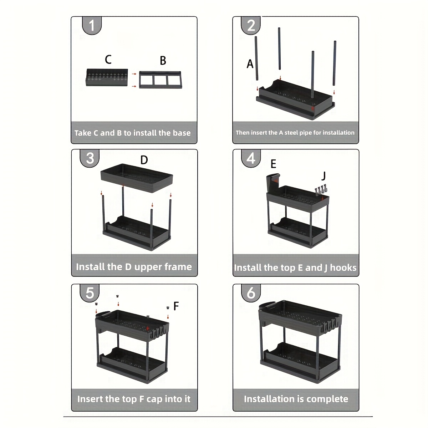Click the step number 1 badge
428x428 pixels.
[x=92, y=26]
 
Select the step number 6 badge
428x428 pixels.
[x=251, y=293]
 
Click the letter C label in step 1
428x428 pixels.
[x=108, y=59]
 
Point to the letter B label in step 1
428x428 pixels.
[x=163, y=61]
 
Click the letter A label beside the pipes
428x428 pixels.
[x=250, y=64]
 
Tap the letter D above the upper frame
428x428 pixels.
[x=144, y=160]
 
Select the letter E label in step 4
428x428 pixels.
[x=273, y=164]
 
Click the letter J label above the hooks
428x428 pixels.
[x=323, y=176]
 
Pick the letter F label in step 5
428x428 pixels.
[x=176, y=306]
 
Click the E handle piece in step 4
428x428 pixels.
[x=274, y=182]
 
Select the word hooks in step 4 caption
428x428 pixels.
[x=343, y=268]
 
